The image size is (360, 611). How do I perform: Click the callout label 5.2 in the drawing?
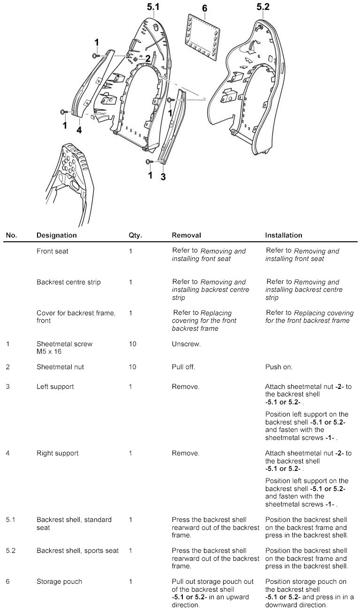[x=263, y=7]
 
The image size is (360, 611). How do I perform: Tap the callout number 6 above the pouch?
[x=204, y=9]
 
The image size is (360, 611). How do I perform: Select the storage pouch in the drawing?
[x=204, y=37]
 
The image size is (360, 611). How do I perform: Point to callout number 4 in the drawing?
[x=79, y=130]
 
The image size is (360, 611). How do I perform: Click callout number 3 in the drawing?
[x=163, y=177]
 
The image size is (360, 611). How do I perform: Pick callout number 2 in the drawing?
[x=148, y=59]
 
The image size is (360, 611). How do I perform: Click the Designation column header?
[x=56, y=235]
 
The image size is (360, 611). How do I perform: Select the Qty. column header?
[x=135, y=235]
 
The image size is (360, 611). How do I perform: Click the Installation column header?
[x=284, y=235]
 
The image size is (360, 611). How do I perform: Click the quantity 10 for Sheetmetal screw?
[x=132, y=344]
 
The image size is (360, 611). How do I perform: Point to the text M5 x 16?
[x=49, y=351]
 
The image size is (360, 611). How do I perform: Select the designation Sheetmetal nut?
[x=60, y=367]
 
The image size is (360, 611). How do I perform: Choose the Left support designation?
[x=55, y=387]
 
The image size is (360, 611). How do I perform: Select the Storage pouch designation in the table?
[x=59, y=581]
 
